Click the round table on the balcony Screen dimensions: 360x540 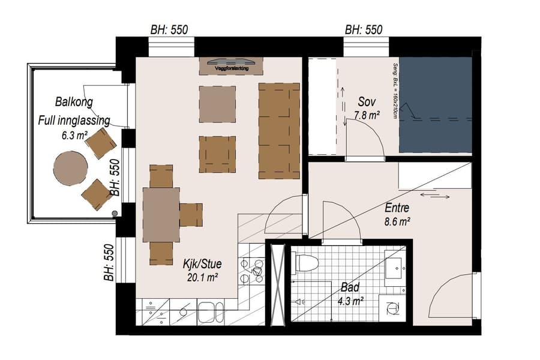70,167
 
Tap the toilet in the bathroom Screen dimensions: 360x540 305,263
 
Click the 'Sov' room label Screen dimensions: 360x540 367,101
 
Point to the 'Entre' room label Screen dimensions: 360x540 397,209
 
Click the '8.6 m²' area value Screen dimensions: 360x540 397,221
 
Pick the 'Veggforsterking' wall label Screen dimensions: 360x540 231,68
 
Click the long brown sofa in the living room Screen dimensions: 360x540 279,131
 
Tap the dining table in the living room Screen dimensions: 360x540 161,214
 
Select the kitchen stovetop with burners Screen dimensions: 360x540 251,271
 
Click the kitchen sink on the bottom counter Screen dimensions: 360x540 211,312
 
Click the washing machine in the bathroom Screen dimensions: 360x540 393,308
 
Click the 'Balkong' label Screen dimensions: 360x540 74,101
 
